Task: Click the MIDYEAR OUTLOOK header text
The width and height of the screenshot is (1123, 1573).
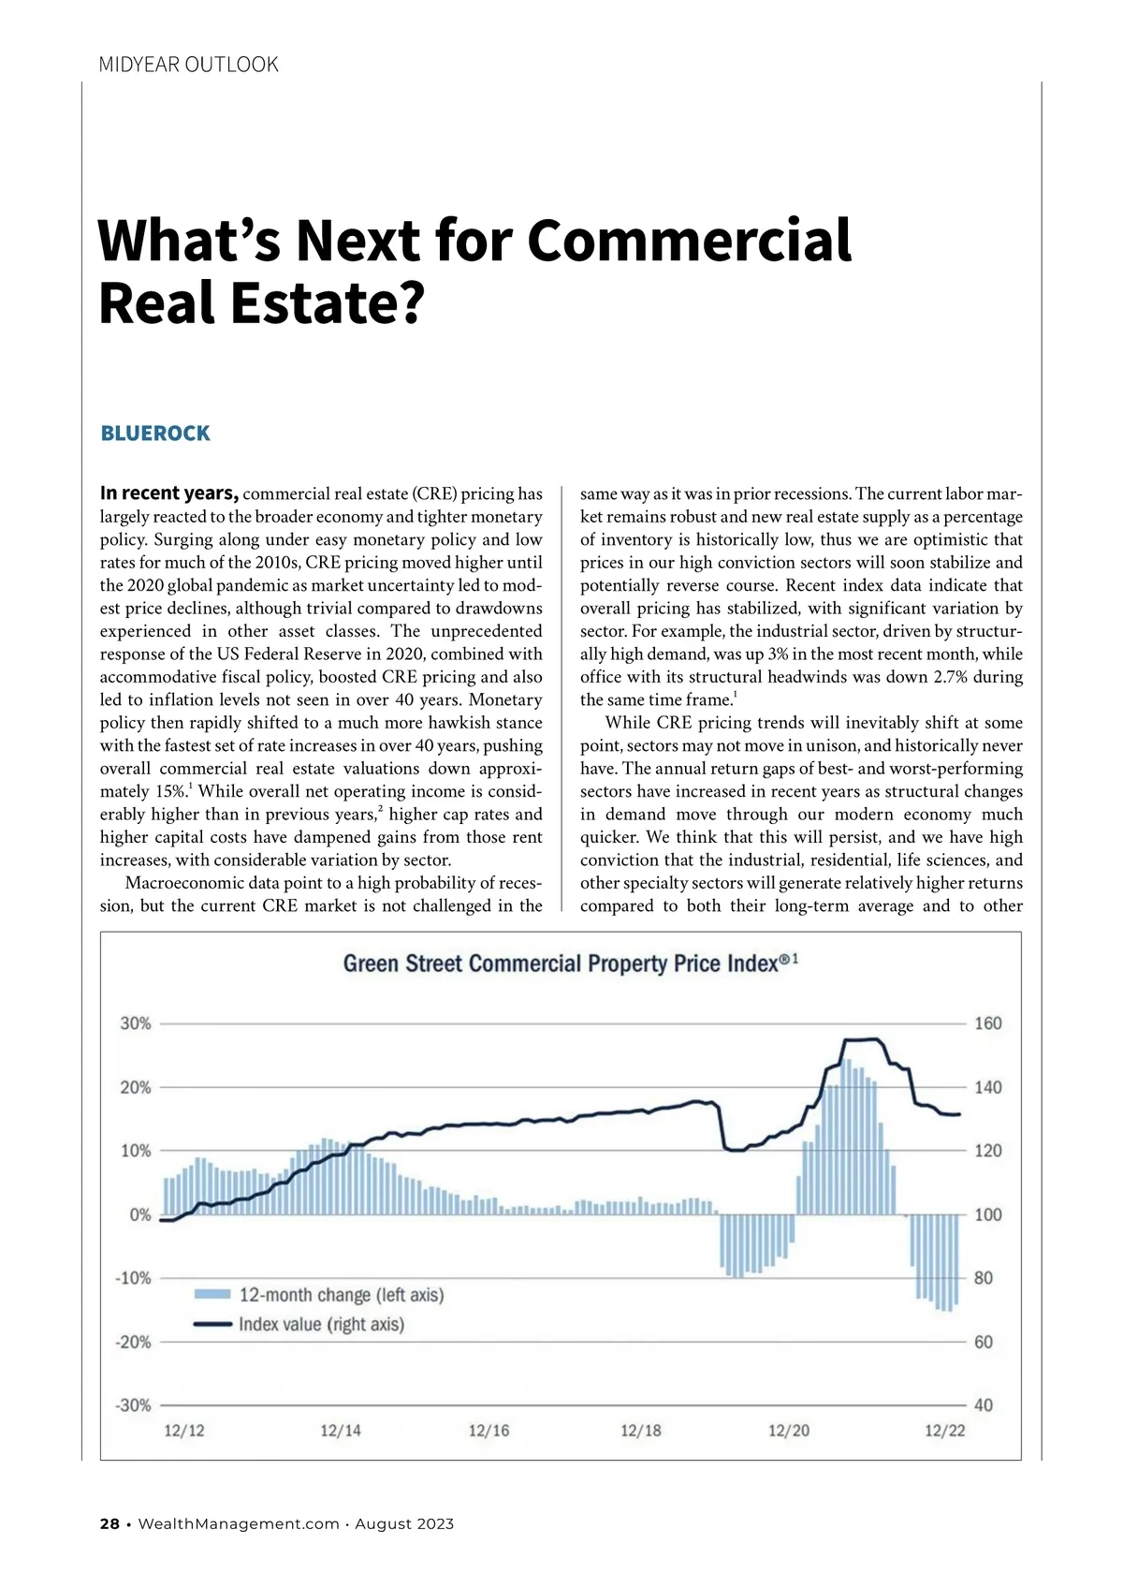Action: (188, 65)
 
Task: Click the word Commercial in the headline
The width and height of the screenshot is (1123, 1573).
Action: (689, 240)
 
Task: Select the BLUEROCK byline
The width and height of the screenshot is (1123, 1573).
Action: (155, 434)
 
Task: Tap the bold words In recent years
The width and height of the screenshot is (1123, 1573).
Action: (169, 493)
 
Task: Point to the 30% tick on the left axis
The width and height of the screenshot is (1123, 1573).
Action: (136, 1023)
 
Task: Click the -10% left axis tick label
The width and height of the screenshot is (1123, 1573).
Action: (133, 1278)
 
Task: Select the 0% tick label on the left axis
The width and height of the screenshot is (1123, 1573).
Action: (140, 1214)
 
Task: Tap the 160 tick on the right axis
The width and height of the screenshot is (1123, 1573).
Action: (988, 1023)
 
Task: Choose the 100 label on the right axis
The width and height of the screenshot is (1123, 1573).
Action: (988, 1214)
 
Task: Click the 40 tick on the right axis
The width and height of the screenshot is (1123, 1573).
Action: (984, 1405)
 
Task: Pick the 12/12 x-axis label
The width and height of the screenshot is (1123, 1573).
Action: (183, 1431)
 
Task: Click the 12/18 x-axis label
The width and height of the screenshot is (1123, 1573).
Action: (640, 1431)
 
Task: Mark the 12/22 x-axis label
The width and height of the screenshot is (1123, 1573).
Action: (944, 1431)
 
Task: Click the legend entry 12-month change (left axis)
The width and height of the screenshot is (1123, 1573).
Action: (341, 1295)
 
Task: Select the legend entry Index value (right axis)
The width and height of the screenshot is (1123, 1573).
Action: (321, 1325)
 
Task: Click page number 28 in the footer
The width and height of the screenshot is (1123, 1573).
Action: (109, 1524)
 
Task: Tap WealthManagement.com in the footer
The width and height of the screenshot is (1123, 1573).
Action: (239, 1524)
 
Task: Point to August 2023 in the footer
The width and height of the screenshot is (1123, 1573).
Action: (404, 1524)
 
